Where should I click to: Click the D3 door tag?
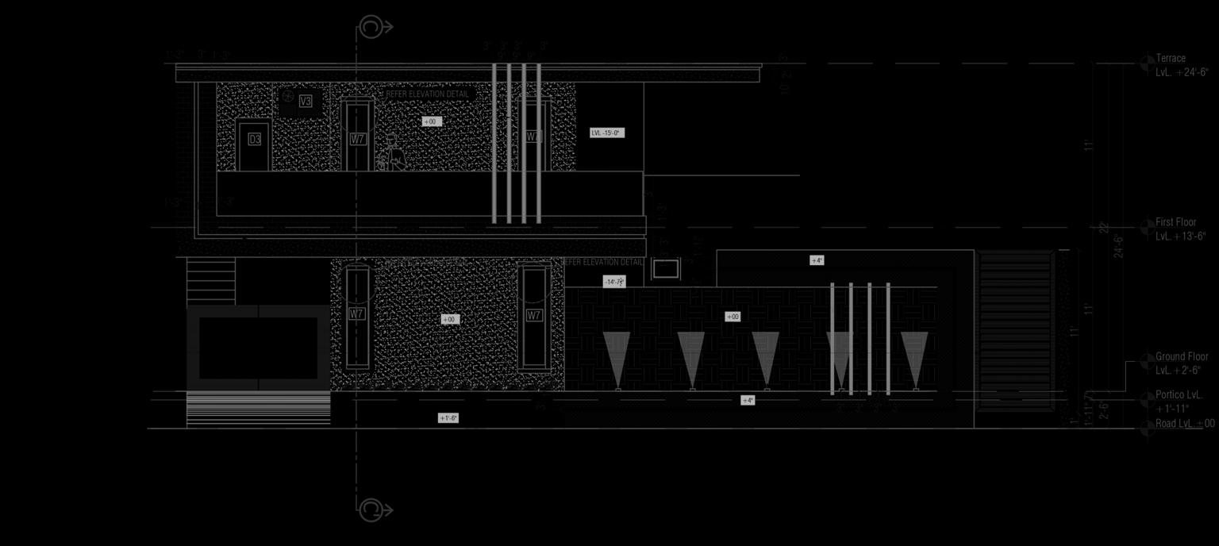point(254,140)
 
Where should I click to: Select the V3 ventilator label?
point(306,101)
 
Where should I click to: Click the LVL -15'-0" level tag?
point(606,133)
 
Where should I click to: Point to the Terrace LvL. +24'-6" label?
point(1182,64)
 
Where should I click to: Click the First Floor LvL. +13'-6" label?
point(1180,229)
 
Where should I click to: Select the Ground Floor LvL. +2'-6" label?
point(1181,363)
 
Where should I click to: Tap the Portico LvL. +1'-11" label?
point(1178,402)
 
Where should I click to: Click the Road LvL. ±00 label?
point(1184,424)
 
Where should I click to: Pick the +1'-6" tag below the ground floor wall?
point(448,418)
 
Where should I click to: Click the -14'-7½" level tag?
point(614,282)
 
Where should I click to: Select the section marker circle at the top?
point(371,27)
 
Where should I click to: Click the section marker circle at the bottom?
point(371,509)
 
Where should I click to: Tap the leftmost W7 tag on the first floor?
point(358,139)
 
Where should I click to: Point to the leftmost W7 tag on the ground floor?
point(357,314)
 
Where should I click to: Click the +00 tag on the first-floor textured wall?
point(430,121)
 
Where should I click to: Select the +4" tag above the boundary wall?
point(817,260)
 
